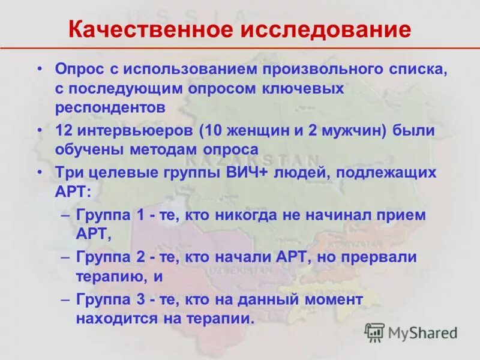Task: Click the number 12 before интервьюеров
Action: click(64, 130)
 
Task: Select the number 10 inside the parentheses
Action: click(217, 130)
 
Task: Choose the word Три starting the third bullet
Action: click(68, 173)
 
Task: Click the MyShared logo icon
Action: click(375, 332)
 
